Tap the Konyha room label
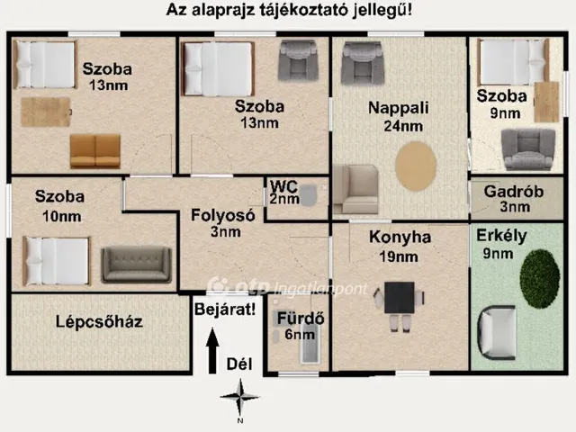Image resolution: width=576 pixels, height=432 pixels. coord(400,238)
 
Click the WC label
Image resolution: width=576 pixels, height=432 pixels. coord(284,186)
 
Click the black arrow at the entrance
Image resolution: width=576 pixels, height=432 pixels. coord(212,351)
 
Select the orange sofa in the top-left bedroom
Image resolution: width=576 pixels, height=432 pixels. coord(94,150)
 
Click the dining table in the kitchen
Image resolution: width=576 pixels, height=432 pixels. coord(400,298)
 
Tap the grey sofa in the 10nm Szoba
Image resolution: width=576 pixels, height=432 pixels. coord(136,264)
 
